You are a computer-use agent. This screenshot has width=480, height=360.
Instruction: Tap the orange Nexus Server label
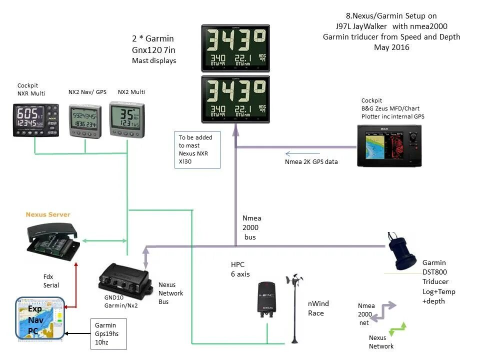[x=48, y=214]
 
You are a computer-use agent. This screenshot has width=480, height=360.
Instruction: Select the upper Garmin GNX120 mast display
[x=235, y=48]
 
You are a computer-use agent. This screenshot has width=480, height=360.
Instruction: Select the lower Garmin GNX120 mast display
[x=235, y=99]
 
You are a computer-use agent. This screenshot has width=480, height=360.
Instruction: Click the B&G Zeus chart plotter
[x=392, y=144]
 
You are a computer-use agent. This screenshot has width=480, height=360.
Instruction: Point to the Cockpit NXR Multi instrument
[x=35, y=120]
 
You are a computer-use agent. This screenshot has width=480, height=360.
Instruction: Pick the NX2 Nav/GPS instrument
[x=86, y=120]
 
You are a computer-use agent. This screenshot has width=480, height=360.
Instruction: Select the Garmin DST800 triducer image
[x=403, y=251]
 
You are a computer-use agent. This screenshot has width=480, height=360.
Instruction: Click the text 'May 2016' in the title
[x=391, y=47]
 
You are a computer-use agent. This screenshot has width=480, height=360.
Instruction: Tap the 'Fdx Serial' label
[x=51, y=280]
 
